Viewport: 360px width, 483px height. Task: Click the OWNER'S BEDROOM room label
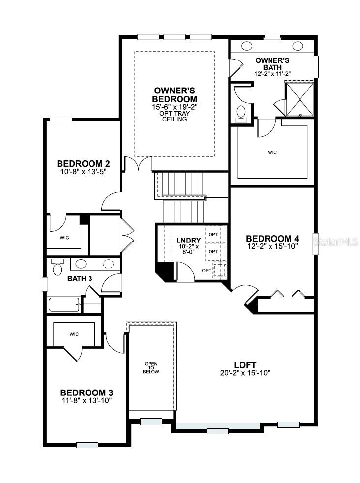(175, 94)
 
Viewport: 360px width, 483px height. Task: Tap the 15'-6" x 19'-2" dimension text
(175, 107)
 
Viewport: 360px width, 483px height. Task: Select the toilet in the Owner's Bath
(241, 112)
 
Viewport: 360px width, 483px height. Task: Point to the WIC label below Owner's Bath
(272, 152)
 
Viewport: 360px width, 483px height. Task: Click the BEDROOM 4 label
(272, 239)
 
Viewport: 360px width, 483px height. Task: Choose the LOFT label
(245, 365)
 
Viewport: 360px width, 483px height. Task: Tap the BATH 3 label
(79, 279)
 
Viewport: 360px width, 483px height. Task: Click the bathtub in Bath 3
(64, 304)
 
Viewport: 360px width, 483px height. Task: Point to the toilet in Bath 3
(58, 268)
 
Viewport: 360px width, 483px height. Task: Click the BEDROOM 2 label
(83, 164)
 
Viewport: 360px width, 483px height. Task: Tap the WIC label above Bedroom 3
(74, 334)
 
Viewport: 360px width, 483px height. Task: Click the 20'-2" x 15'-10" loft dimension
(245, 373)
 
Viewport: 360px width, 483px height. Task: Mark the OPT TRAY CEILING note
(175, 116)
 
